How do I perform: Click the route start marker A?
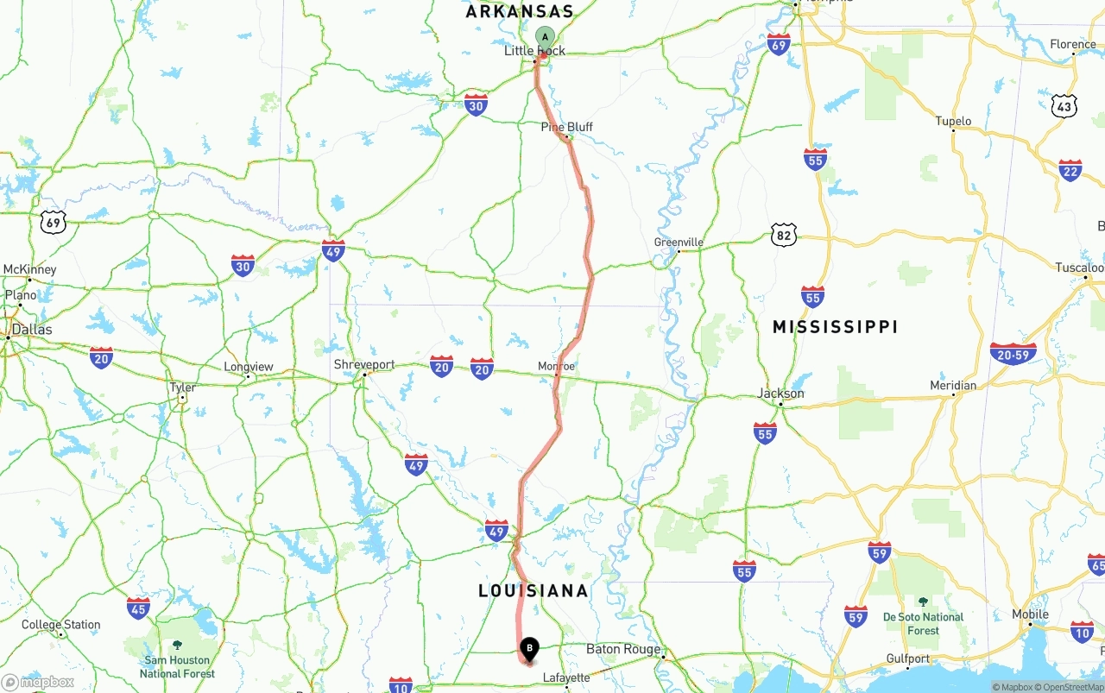click(x=545, y=36)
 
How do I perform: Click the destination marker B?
click(x=529, y=648)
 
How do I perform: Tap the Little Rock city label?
click(x=535, y=51)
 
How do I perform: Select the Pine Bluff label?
click(x=567, y=127)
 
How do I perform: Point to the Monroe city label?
click(x=556, y=366)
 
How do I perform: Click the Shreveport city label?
click(x=364, y=364)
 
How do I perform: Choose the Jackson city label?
click(x=780, y=394)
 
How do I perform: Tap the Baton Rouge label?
click(x=623, y=649)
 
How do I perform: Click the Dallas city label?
click(x=31, y=330)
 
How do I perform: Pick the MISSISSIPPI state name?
click(x=835, y=327)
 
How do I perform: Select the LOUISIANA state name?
click(x=534, y=591)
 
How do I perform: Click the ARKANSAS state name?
click(x=520, y=12)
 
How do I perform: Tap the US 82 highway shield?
click(x=784, y=234)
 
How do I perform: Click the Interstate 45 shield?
click(x=138, y=607)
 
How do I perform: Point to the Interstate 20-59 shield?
click(x=1013, y=353)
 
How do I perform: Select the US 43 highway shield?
click(x=1064, y=107)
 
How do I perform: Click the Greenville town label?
click(x=679, y=243)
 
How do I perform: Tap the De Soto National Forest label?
click(x=923, y=623)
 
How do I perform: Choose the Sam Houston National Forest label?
click(x=178, y=666)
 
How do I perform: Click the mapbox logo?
click(x=38, y=683)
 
